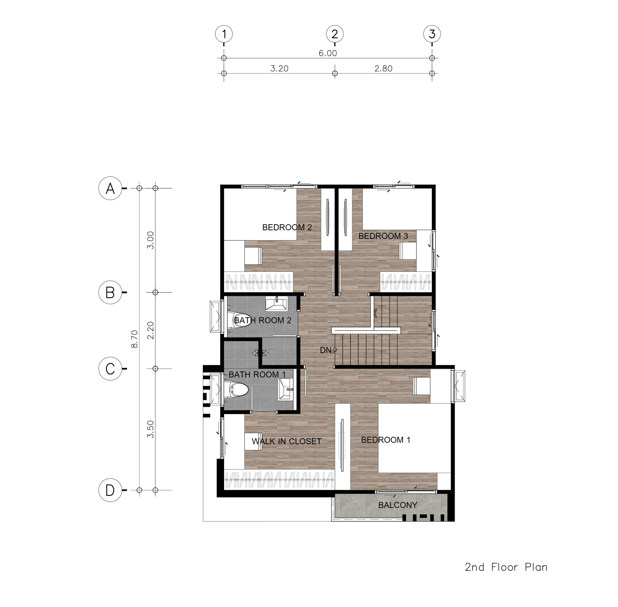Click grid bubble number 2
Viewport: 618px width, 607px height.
pyautogui.click(x=335, y=34)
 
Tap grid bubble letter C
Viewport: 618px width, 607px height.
pyautogui.click(x=110, y=369)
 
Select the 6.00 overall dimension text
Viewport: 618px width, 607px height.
pyautogui.click(x=328, y=53)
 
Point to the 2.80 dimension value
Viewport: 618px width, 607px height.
pyautogui.click(x=383, y=69)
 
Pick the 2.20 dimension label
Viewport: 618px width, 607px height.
pyautogui.click(x=151, y=330)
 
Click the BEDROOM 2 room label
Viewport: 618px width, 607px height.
pyautogui.click(x=287, y=227)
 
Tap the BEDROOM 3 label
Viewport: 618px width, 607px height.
pyautogui.click(x=383, y=236)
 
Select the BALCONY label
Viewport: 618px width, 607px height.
pyautogui.click(x=398, y=505)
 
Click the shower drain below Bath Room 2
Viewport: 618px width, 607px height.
pyautogui.click(x=260, y=353)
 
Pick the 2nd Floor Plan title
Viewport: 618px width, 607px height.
pyautogui.click(x=506, y=567)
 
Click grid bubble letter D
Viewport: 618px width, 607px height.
pyautogui.click(x=110, y=490)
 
